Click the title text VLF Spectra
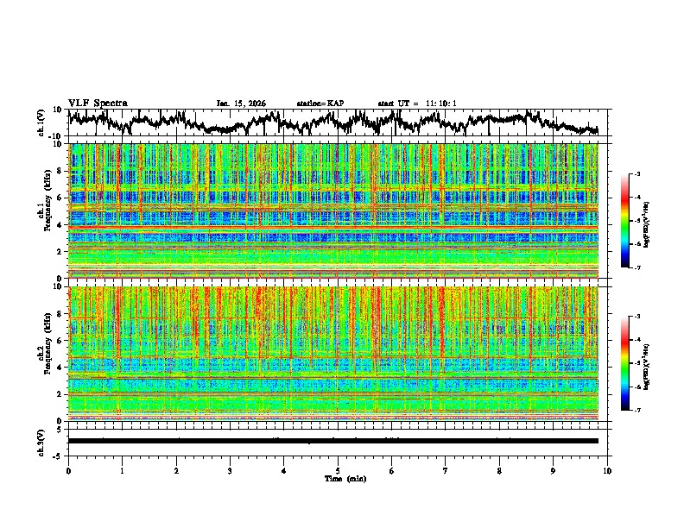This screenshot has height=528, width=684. coord(98,103)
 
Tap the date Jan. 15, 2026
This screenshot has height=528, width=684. coord(241,104)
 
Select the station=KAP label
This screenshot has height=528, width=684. coord(320,104)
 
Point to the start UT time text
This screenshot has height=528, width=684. coord(417,104)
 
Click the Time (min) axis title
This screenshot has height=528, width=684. coord(338,478)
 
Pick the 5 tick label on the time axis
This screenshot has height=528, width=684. coord(338,470)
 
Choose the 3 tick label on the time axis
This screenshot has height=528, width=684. coord(230,470)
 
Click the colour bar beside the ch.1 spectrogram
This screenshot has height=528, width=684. coord(625,221)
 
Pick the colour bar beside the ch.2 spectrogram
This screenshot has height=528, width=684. coord(625,363)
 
